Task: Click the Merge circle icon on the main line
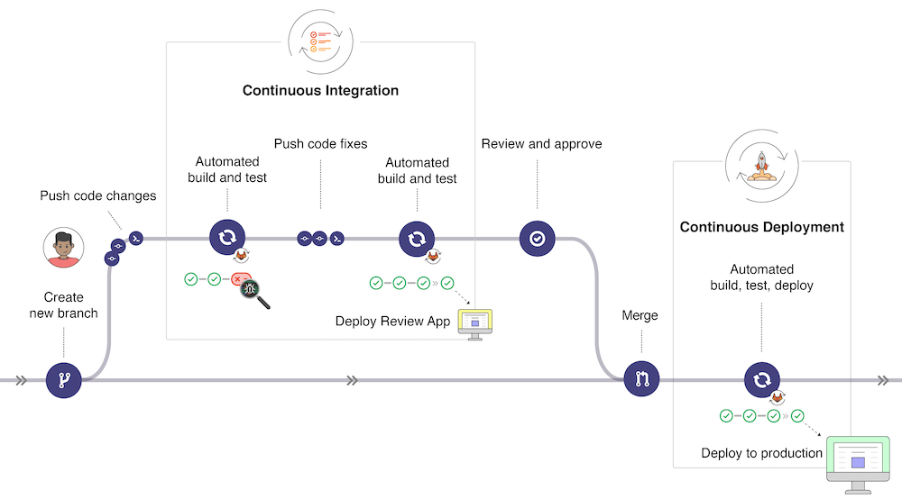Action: tap(642, 379)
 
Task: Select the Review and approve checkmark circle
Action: tap(538, 239)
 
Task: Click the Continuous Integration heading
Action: tap(320, 91)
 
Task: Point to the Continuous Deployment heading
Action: tap(761, 227)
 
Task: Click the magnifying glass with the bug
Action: tap(253, 292)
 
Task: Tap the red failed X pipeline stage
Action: tap(239, 280)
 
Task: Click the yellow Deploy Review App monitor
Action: tap(475, 322)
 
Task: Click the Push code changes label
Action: tap(97, 195)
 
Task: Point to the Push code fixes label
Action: tap(320, 143)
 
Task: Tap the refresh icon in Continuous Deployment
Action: tap(761, 380)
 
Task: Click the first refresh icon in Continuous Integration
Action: tap(227, 238)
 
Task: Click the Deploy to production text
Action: tap(761, 453)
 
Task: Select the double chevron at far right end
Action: tap(883, 380)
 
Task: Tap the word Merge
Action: tap(640, 316)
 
